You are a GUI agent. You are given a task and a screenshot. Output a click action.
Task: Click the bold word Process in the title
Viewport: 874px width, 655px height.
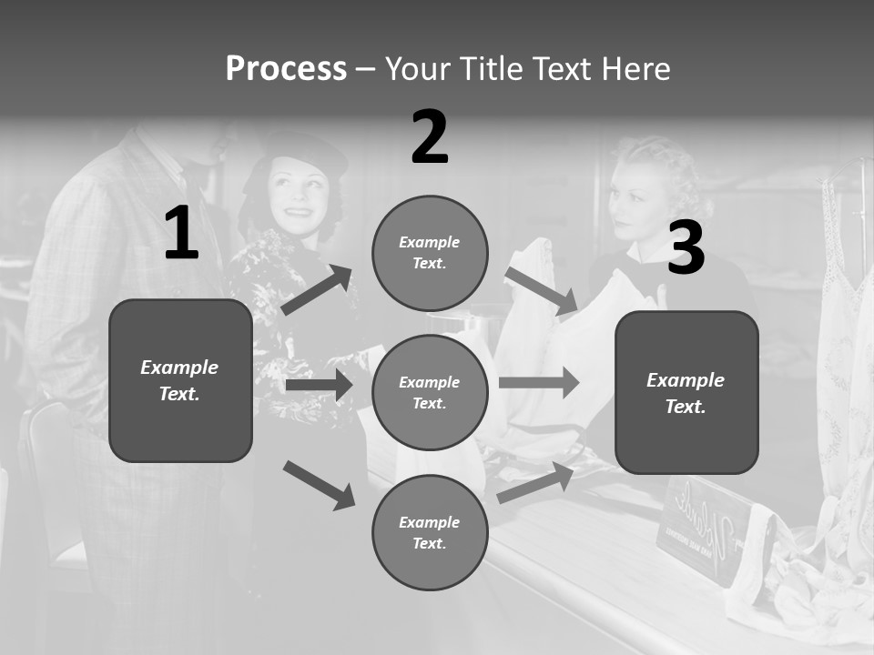tap(286, 69)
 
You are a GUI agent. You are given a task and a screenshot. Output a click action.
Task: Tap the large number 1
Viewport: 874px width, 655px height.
tap(181, 234)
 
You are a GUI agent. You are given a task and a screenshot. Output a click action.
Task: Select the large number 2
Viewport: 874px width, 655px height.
tap(430, 137)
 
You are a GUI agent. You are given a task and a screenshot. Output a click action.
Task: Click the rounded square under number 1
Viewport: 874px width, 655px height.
tap(180, 380)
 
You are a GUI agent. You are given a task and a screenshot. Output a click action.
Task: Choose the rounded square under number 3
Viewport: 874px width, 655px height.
tap(686, 392)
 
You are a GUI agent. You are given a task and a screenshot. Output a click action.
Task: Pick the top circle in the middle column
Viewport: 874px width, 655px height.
tap(430, 253)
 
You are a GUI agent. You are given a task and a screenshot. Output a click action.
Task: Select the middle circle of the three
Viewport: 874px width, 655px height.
tap(430, 392)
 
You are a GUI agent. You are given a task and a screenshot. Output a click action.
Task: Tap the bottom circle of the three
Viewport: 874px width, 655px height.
tap(430, 532)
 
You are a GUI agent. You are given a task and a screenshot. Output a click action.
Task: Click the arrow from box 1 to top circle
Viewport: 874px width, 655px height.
tap(317, 290)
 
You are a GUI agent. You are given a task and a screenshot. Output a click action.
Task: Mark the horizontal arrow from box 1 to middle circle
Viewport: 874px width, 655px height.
tap(319, 386)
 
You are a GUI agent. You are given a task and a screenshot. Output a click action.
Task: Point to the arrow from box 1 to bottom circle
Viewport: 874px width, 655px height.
tap(319, 484)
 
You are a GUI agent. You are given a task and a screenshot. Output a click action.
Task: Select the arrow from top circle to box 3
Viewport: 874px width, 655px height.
tap(541, 290)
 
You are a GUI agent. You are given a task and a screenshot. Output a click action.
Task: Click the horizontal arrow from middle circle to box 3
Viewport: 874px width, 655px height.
tap(539, 382)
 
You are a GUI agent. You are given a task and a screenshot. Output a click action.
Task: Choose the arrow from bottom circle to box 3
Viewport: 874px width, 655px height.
tap(536, 483)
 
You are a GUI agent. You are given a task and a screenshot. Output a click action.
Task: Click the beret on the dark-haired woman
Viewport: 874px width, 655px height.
tap(306, 150)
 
